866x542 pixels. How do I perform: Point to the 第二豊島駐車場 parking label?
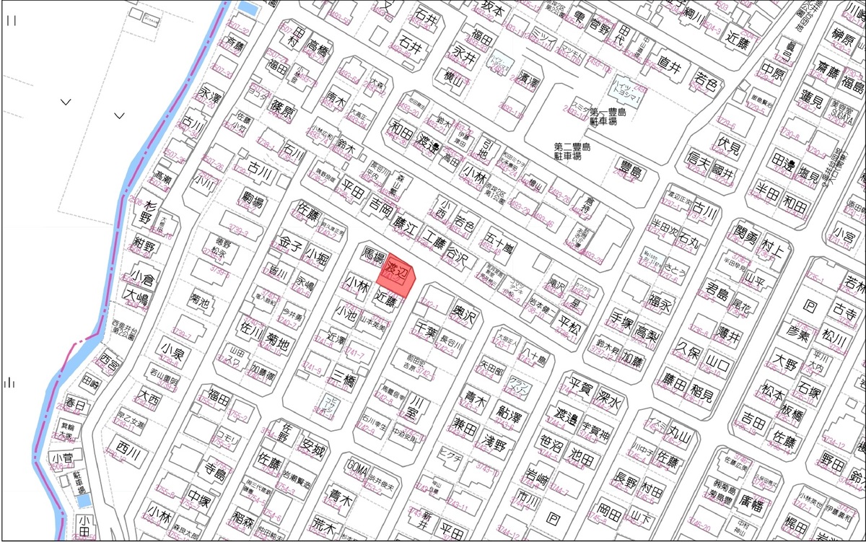click(x=572, y=151)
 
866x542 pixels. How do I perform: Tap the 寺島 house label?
click(x=215, y=471)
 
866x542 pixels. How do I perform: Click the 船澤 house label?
click(x=511, y=418)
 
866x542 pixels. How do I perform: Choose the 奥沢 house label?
click(x=466, y=315)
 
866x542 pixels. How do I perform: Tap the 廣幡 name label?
click(x=751, y=499)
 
